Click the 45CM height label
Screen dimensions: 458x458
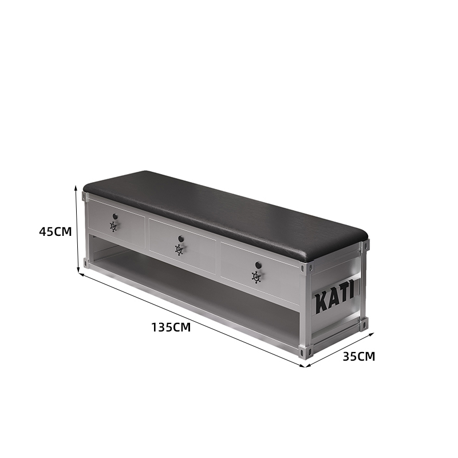pos(56,232)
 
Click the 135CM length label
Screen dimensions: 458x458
pos(171,327)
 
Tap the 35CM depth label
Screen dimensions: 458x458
pos(359,357)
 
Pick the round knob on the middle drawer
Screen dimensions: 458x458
pos(181,239)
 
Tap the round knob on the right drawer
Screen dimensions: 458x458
pos(258,265)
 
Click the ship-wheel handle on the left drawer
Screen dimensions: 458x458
pos(113,226)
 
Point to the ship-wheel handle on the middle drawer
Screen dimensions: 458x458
pos(179,250)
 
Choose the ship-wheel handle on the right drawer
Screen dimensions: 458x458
pos(256,277)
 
